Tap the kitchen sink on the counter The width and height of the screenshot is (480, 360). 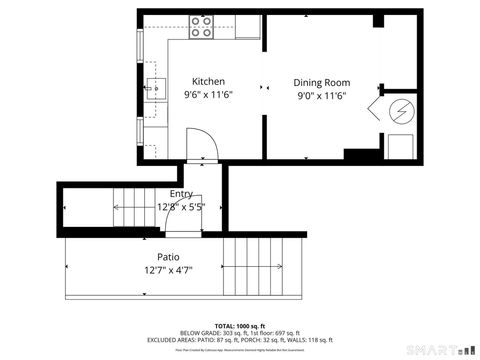(153, 90)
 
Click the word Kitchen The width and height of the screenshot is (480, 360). (208, 81)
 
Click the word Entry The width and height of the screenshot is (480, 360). (181, 194)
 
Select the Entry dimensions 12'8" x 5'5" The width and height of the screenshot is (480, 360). (181, 207)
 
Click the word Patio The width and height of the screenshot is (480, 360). (153, 257)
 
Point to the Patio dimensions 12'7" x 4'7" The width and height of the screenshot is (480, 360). (153, 270)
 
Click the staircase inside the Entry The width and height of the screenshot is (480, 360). (134, 208)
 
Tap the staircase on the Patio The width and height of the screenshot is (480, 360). (262, 266)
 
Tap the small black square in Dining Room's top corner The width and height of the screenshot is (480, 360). (378, 22)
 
